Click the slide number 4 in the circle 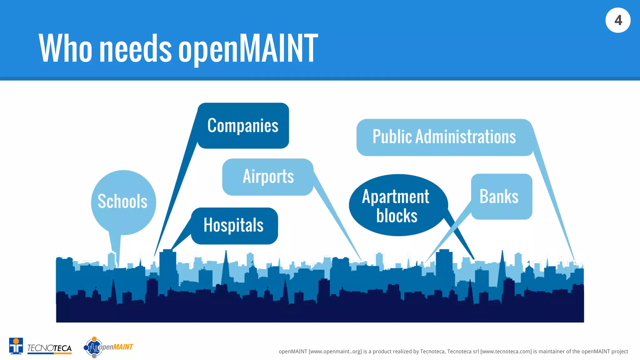[618, 20]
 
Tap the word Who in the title [66, 48]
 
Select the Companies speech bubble [243, 126]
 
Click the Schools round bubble [123, 201]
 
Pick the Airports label [268, 177]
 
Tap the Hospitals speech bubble [234, 225]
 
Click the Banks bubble [499, 197]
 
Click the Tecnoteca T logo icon [16, 346]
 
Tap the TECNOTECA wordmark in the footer [49, 348]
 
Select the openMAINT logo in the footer [108, 347]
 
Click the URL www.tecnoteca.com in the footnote [506, 352]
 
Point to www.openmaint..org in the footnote [335, 352]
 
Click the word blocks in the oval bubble [397, 216]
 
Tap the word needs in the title [136, 48]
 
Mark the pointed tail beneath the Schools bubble [115, 247]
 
